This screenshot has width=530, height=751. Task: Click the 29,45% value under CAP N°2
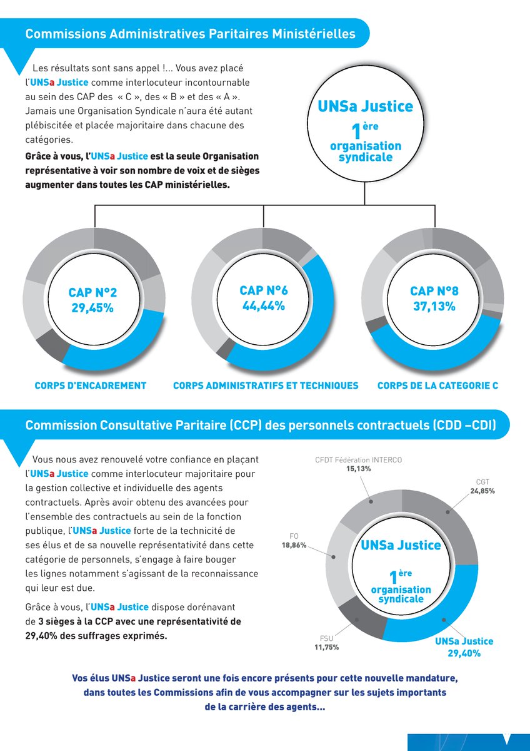pos(92,308)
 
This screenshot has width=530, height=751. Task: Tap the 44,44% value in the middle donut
pos(264,306)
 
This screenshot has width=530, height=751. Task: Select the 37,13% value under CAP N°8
pos(434,307)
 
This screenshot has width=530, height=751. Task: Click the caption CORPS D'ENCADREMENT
pos(91,386)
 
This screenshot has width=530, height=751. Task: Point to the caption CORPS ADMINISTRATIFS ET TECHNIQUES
pos(266,386)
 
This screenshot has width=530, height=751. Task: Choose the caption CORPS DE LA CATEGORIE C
pos(437,386)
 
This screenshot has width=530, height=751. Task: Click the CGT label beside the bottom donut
pos(482,482)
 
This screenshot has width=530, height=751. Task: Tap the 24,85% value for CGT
pos(482,491)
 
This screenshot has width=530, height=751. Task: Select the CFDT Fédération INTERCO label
pos(359,460)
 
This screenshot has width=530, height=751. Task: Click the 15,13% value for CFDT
pos(359,469)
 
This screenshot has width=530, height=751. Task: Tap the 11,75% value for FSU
pos(326,647)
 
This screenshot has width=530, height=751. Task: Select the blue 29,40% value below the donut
pos(464,653)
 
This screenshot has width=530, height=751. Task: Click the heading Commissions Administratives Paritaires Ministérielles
pos(190,34)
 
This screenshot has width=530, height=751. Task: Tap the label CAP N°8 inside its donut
pos(434,291)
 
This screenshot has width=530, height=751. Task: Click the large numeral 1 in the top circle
pos(357,133)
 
